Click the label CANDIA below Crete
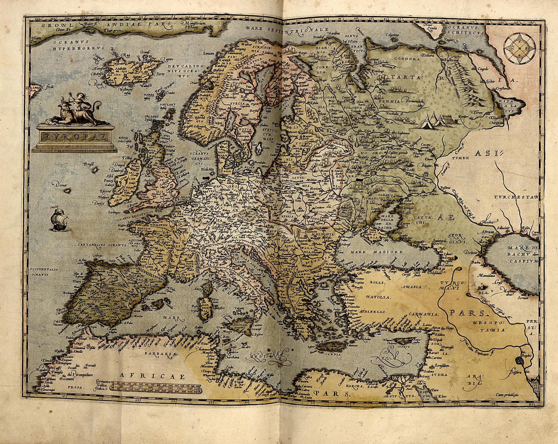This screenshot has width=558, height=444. pos(332,354)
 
